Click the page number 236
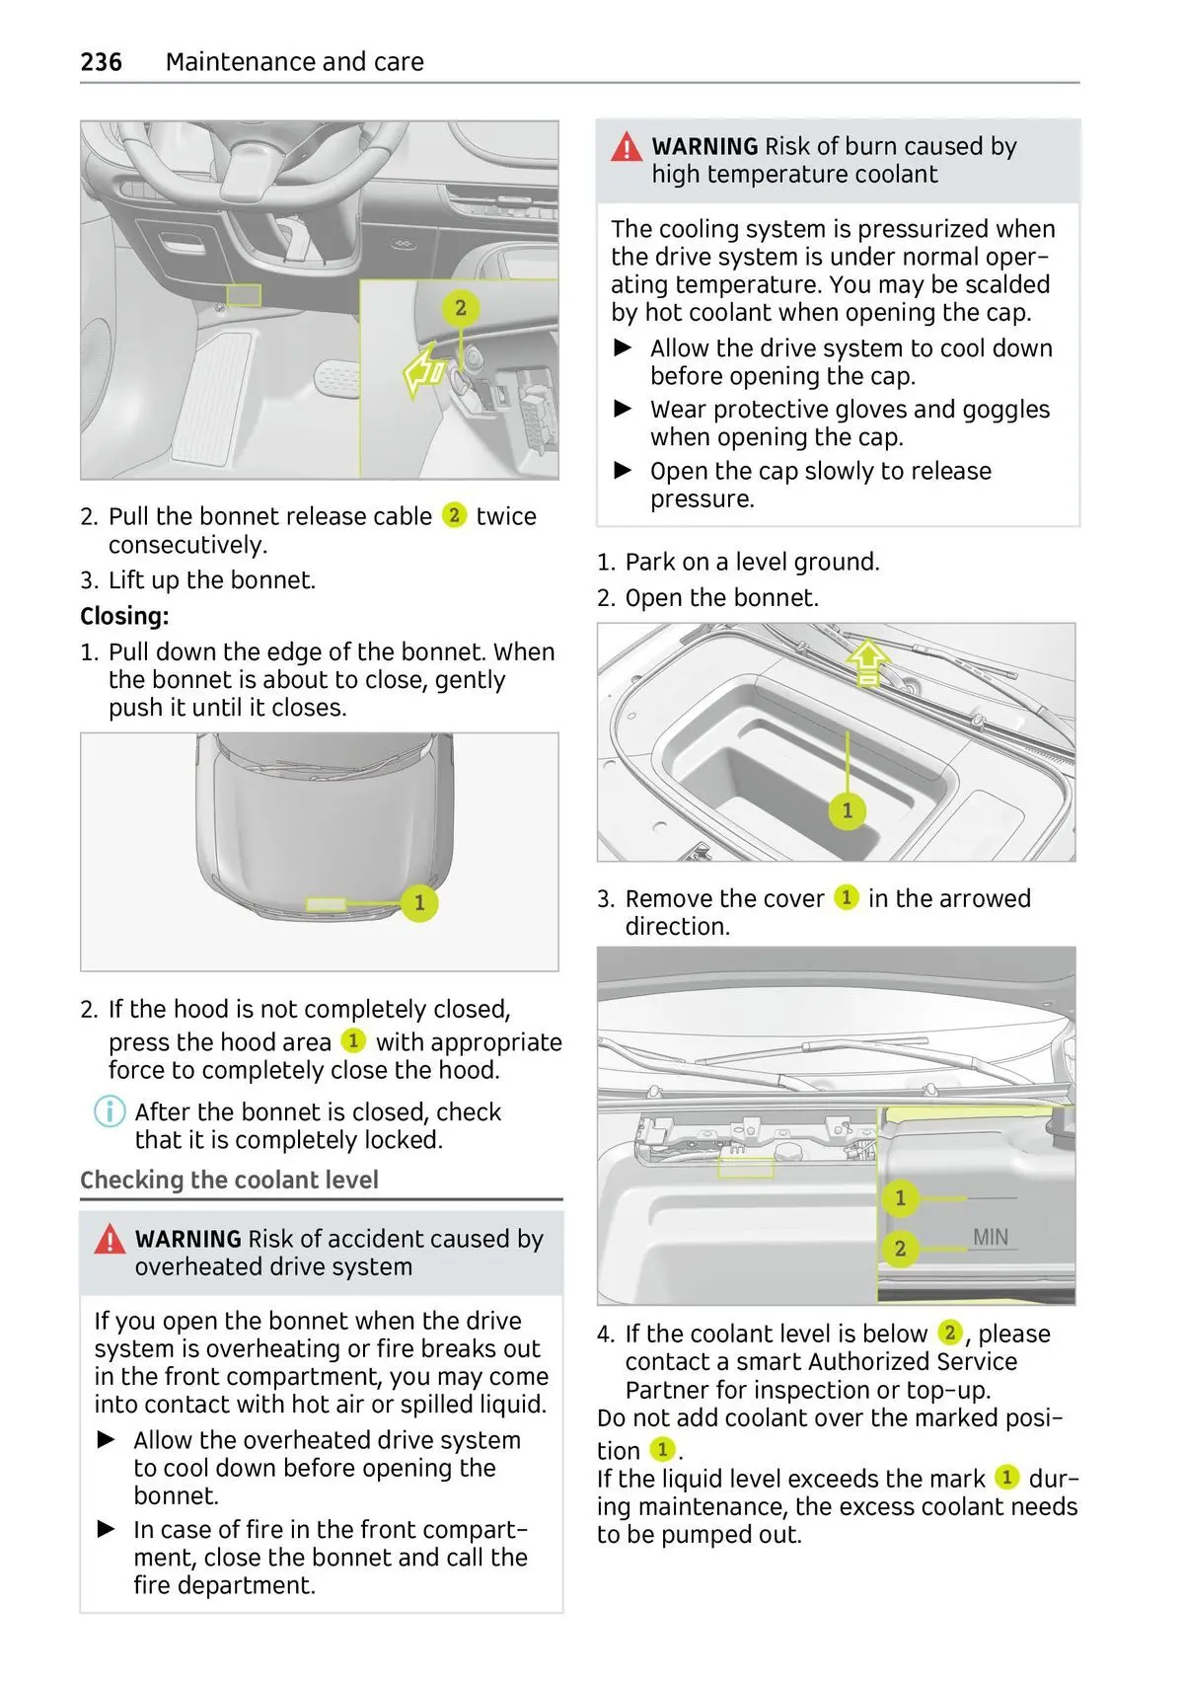pyautogui.click(x=101, y=62)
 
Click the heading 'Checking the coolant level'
pyautogui.click(x=229, y=1180)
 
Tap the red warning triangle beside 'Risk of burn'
pyautogui.click(x=627, y=148)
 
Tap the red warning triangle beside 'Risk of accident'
pyautogui.click(x=110, y=1240)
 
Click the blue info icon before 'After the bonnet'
pyautogui.click(x=110, y=1111)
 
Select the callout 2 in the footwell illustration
pyautogui.click(x=460, y=308)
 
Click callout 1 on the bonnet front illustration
pyautogui.click(x=419, y=902)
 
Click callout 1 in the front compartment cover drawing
pyautogui.click(x=847, y=810)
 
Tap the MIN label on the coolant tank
pyautogui.click(x=991, y=1237)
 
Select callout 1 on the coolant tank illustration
pyautogui.click(x=900, y=1198)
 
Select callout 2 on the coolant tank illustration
pyautogui.click(x=900, y=1249)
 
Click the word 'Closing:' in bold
pyautogui.click(x=124, y=616)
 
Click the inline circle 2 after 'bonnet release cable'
pyautogui.click(x=454, y=515)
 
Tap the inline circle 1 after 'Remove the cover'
pyautogui.click(x=846, y=897)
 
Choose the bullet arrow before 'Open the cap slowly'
pyautogui.click(x=624, y=471)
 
